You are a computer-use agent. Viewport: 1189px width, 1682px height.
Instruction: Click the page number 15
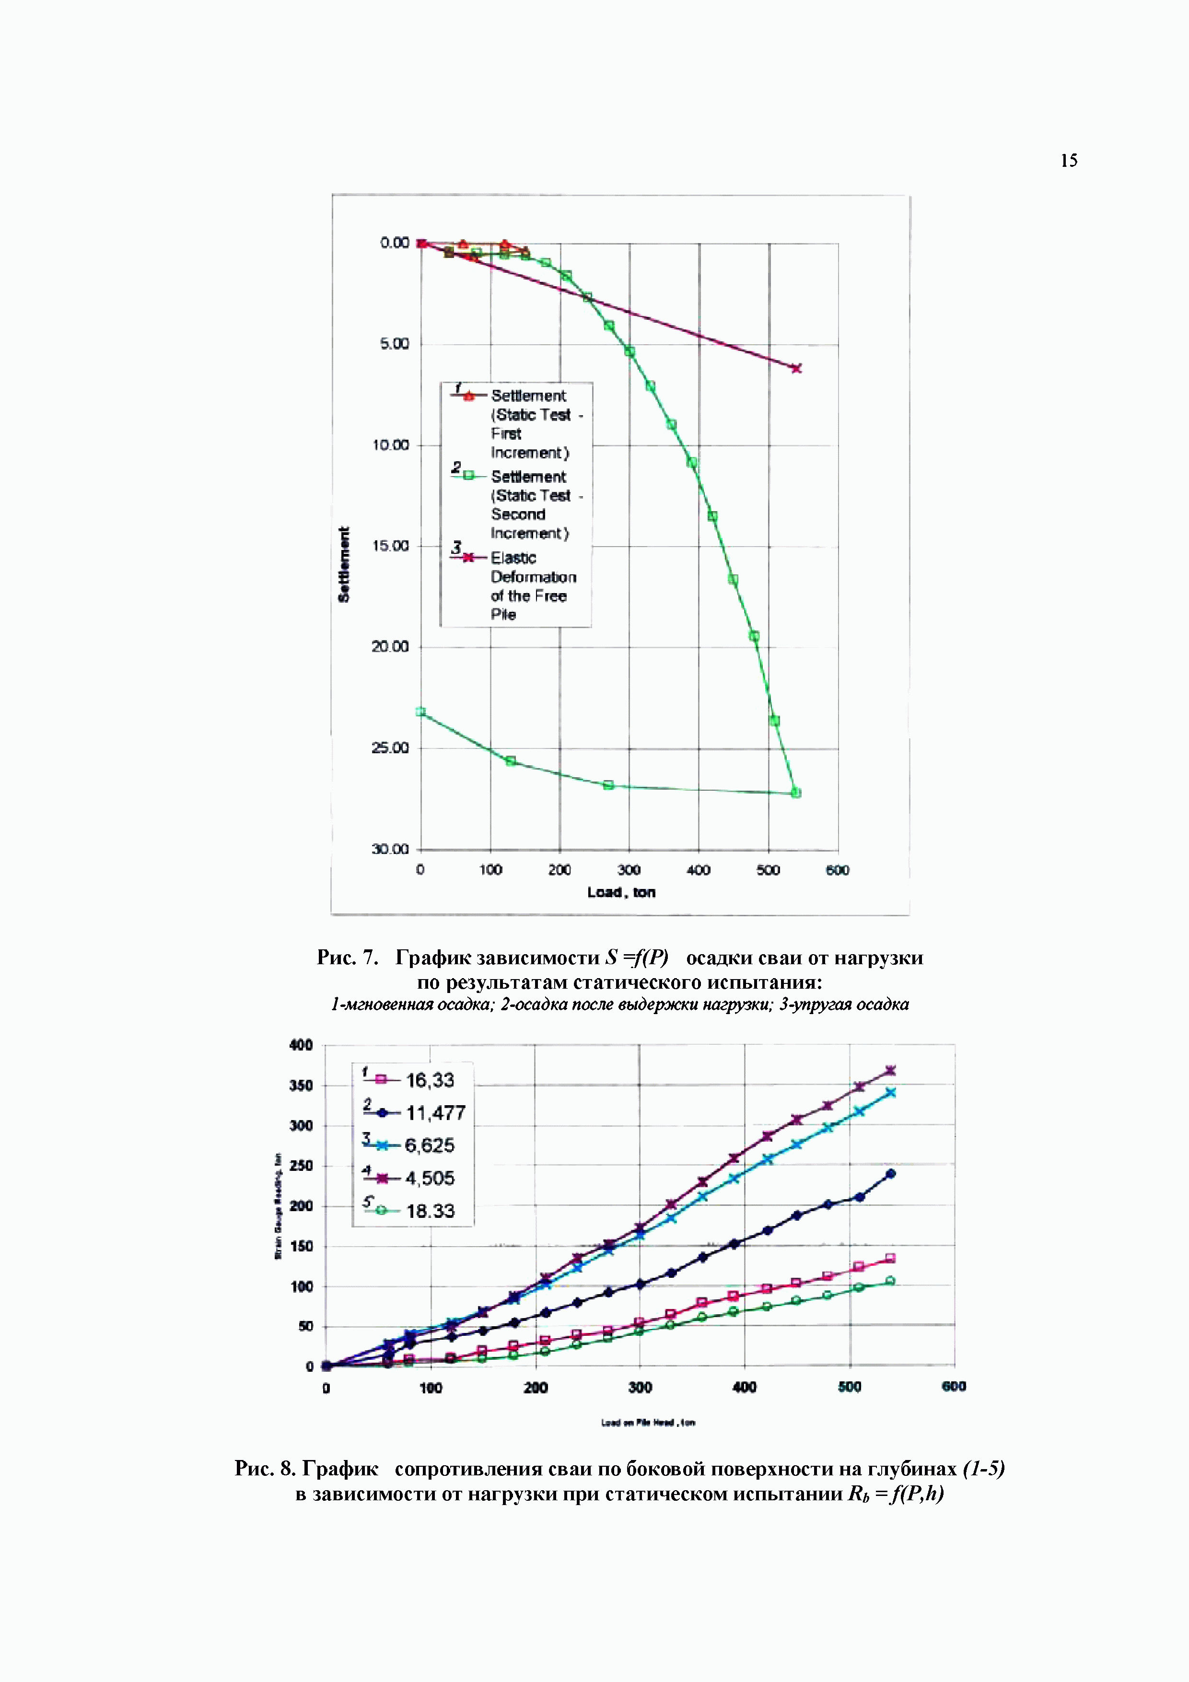click(1069, 161)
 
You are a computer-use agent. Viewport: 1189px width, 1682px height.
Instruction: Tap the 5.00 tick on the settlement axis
click(394, 344)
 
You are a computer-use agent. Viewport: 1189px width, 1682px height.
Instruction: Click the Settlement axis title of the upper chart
click(344, 564)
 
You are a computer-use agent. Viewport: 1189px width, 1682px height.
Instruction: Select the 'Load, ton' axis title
click(621, 892)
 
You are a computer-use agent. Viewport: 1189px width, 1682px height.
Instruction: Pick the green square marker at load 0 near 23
click(420, 712)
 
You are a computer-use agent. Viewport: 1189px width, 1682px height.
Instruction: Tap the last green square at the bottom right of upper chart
click(796, 793)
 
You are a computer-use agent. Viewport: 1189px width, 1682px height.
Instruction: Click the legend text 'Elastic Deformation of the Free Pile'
click(533, 586)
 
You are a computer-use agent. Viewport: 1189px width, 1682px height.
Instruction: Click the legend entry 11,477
click(435, 1113)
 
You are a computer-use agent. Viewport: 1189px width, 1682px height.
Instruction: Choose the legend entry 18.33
click(430, 1211)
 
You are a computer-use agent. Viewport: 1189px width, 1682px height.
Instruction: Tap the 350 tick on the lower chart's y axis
click(301, 1085)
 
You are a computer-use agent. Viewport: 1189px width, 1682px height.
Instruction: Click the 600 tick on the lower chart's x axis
click(954, 1386)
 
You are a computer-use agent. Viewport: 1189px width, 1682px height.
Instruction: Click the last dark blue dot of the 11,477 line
click(891, 1174)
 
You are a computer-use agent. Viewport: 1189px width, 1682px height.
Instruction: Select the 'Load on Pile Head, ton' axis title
click(648, 1423)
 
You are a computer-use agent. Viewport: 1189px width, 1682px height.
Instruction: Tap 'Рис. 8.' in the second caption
click(265, 1468)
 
